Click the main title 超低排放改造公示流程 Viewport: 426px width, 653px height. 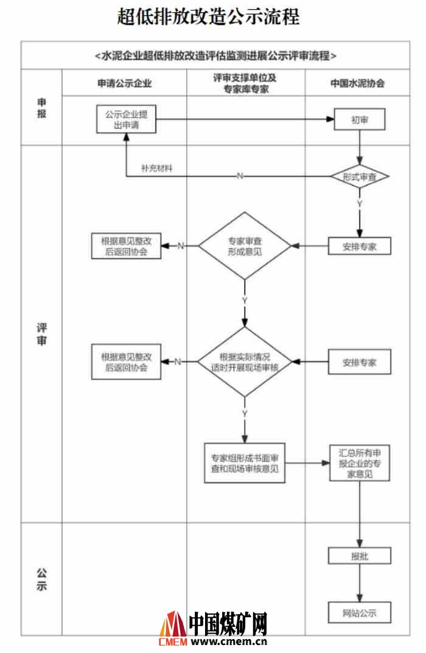click(x=209, y=16)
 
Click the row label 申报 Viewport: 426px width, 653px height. click(x=41, y=108)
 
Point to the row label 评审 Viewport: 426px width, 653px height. click(x=41, y=333)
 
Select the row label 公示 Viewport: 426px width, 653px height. click(x=41, y=579)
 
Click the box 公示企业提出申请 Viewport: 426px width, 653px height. click(x=125, y=119)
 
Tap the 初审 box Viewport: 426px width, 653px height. click(x=359, y=120)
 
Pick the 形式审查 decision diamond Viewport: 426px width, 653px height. click(x=359, y=176)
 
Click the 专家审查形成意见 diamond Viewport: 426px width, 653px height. click(x=245, y=246)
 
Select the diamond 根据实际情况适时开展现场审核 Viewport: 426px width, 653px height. click(x=245, y=362)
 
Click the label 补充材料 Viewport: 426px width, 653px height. click(x=156, y=168)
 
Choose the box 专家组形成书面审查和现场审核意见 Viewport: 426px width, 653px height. click(x=245, y=463)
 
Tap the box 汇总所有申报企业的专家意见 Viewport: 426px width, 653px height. click(x=359, y=463)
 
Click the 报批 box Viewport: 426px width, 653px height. click(x=359, y=556)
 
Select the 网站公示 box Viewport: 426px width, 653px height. click(x=359, y=612)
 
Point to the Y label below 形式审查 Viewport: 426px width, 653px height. click(x=360, y=204)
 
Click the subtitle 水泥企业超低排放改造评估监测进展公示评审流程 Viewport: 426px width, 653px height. click(x=215, y=55)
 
